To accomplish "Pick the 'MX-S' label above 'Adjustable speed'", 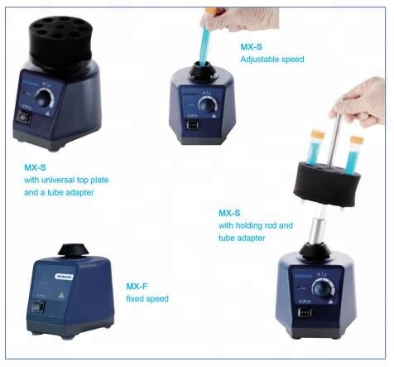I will point(251,46).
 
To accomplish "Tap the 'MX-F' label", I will point(136,285).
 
